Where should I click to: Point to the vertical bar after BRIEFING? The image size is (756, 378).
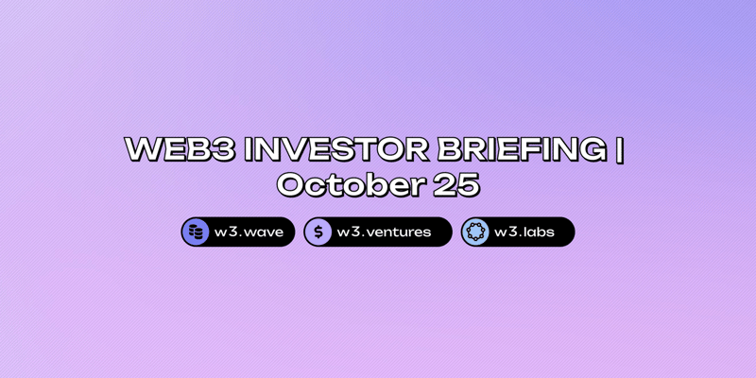pos(620,150)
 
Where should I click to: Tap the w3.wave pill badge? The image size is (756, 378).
pos(238,232)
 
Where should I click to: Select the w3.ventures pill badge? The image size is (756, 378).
pos(378,232)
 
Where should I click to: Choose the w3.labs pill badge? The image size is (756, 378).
pos(518,232)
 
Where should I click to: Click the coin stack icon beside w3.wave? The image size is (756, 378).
pos(196,232)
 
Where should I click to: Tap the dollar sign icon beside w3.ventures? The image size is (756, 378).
pos(318,232)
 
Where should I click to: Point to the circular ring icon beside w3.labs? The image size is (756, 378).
pos(475,232)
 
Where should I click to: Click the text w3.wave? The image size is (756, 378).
pos(249,232)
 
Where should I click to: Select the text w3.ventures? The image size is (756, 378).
pos(384,232)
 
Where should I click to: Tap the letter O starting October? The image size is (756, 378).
pos(291,185)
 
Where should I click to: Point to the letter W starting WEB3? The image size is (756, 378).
pos(142,150)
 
